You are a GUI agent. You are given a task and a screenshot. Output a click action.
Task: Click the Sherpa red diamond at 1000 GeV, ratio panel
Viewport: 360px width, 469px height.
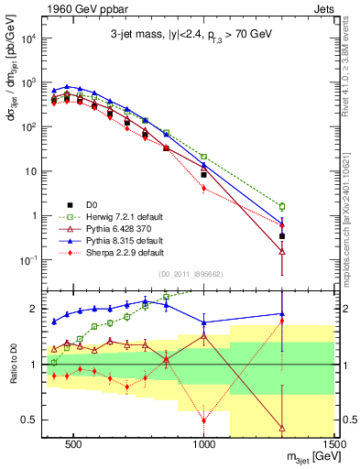click(204, 420)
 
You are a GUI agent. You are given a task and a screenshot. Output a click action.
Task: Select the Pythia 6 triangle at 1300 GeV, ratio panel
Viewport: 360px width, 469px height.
click(282, 427)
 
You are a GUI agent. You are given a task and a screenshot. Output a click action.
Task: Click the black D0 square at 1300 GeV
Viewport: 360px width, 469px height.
click(282, 235)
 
